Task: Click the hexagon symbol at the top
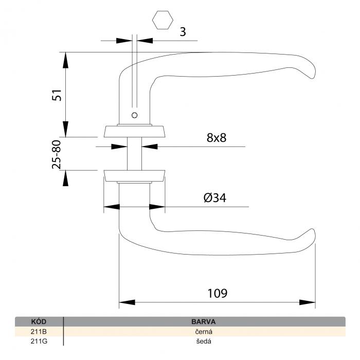tap(163, 20)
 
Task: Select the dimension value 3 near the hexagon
tap(183, 32)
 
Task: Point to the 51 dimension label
tap(57, 95)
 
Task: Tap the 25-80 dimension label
tap(57, 154)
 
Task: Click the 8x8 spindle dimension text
tap(217, 137)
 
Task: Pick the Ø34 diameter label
tap(215, 197)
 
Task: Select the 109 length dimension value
tap(218, 293)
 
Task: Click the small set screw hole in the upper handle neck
tap(135, 115)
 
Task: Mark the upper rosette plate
tap(135, 131)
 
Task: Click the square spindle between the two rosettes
tap(135, 154)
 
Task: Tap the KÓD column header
tap(39, 321)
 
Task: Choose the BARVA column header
tap(204, 321)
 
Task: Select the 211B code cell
tap(39, 332)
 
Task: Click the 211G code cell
tap(39, 341)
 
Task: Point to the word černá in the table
tap(204, 332)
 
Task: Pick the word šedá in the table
tap(204, 341)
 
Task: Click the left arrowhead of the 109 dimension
tap(127, 302)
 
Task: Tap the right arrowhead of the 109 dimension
tap(308, 302)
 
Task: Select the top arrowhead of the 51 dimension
tap(66, 60)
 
